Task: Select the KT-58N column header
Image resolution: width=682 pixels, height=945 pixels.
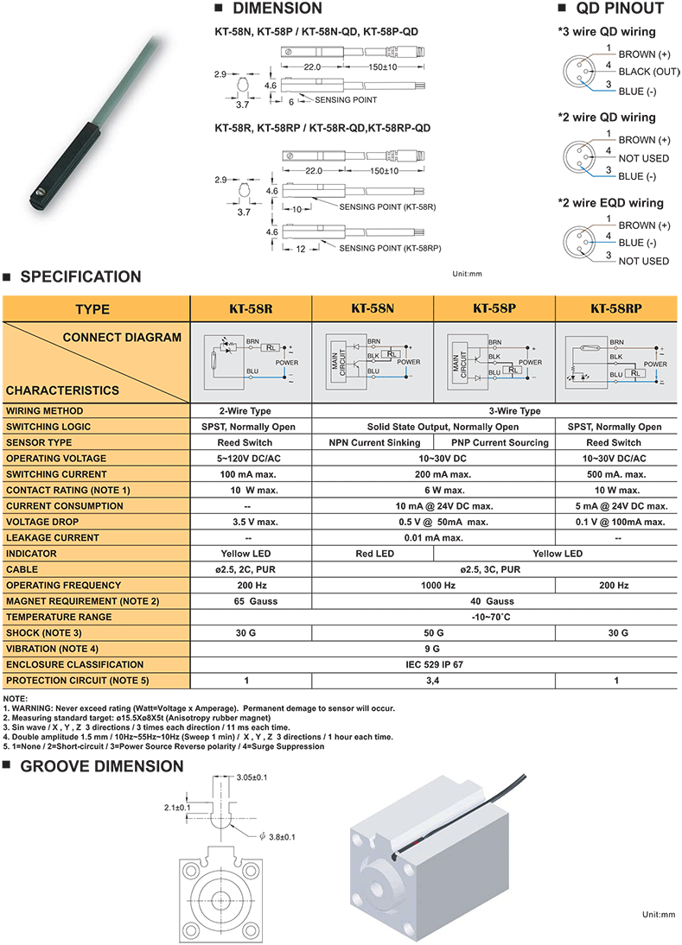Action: click(373, 308)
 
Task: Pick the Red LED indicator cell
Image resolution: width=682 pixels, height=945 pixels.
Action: click(374, 554)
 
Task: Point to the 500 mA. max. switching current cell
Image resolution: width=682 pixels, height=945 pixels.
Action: click(615, 474)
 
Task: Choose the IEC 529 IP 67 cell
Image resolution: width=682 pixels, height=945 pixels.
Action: click(434, 664)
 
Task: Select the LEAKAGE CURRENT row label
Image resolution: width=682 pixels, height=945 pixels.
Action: click(53, 537)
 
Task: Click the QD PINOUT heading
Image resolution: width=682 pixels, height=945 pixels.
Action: click(620, 10)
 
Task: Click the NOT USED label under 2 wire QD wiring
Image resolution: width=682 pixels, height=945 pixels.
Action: click(643, 159)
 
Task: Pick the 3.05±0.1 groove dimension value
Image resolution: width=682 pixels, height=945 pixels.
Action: click(252, 777)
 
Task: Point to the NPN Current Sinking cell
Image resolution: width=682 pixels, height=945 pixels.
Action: click(373, 442)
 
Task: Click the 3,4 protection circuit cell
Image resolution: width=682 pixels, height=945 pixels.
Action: click(434, 681)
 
